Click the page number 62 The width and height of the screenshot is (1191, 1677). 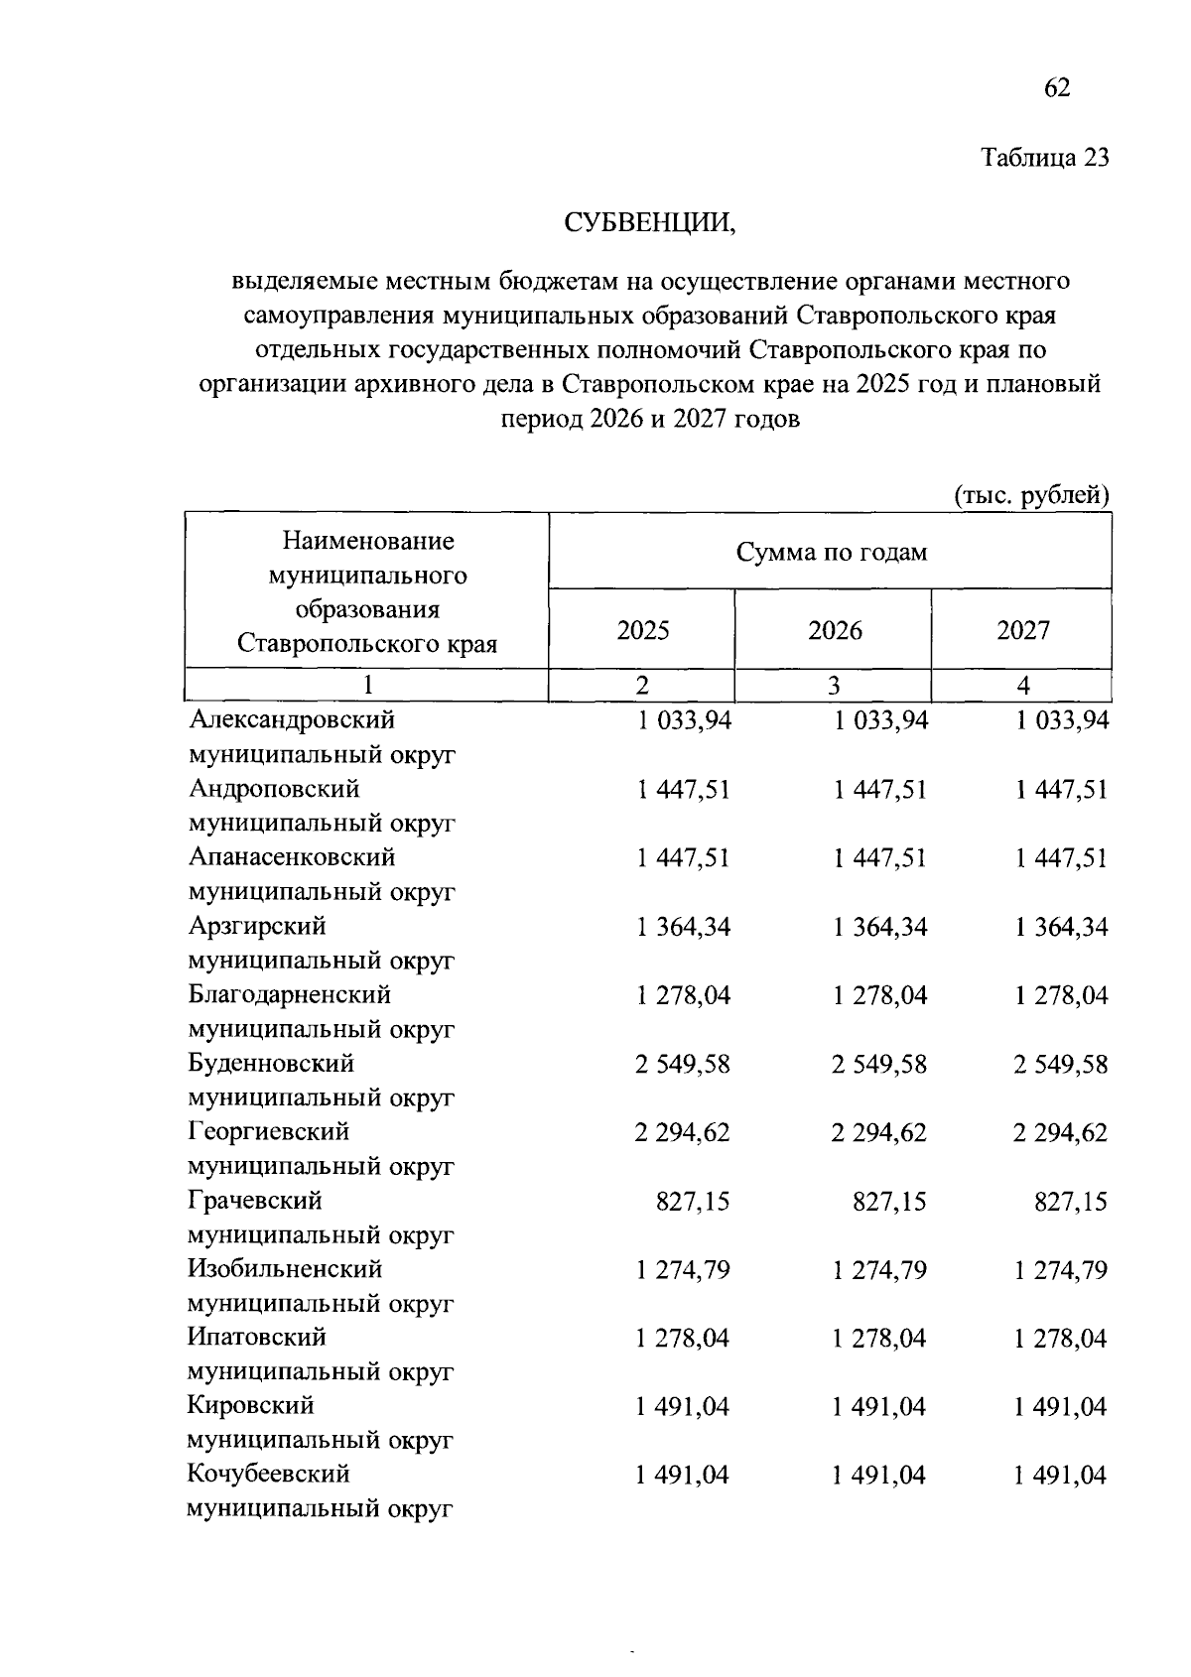pos(1057,88)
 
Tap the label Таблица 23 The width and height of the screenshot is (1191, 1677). pos(1044,158)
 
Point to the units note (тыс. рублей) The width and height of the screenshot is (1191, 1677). pos(1031,494)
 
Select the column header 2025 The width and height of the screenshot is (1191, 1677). pos(642,630)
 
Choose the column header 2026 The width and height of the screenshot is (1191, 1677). pos(835,630)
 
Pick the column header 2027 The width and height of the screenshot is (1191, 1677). pos(1022,630)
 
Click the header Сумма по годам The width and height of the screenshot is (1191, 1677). pos(831,552)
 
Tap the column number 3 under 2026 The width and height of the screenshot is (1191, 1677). pos(834,685)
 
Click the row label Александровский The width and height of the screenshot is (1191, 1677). pos(292,719)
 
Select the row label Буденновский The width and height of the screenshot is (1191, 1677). pos(271,1064)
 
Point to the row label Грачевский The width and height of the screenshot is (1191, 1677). pos(255,1201)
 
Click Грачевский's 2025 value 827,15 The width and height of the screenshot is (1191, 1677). pos(692,1202)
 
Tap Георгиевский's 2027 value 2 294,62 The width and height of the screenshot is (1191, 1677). pos(1059,1133)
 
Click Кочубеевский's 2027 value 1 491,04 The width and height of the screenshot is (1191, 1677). pos(1059,1476)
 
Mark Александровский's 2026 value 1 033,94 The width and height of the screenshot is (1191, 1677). pos(880,720)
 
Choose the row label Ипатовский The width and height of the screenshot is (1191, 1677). pos(257,1338)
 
